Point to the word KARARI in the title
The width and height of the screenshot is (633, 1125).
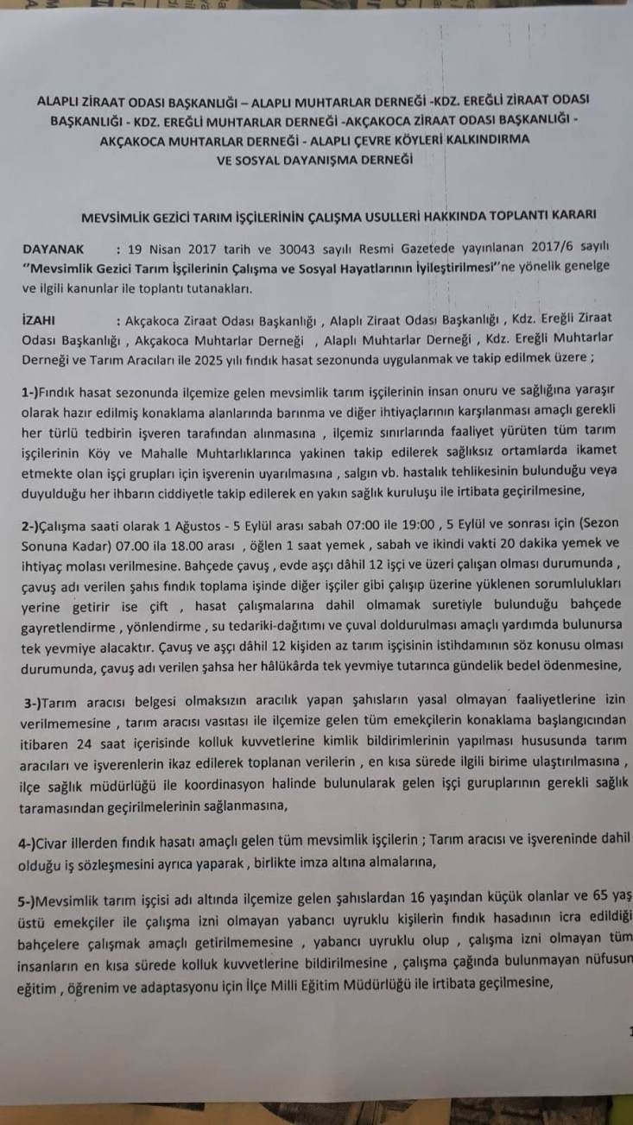pyautogui.click(x=564, y=213)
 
